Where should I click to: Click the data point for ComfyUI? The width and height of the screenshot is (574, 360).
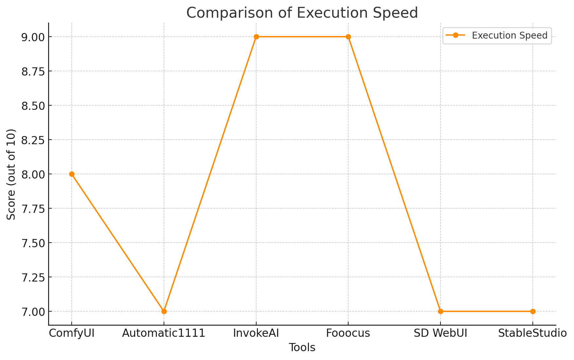pyautogui.click(x=72, y=174)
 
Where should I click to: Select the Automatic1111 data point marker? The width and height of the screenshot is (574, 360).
pyautogui.click(x=164, y=311)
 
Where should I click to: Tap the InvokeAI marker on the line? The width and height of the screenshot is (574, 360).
pyautogui.click(x=256, y=37)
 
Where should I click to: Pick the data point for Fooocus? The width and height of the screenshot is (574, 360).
pyautogui.click(x=348, y=37)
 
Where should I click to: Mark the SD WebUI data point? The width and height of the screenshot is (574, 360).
pyautogui.click(x=440, y=311)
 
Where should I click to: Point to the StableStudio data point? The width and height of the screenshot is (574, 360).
pyautogui.click(x=533, y=311)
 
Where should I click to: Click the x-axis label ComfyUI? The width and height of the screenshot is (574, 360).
pyautogui.click(x=72, y=334)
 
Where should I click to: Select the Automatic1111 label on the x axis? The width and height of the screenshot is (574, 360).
pyautogui.click(x=164, y=334)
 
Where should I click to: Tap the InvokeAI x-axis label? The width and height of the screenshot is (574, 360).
pyautogui.click(x=256, y=334)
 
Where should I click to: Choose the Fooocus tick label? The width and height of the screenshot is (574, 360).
pyautogui.click(x=348, y=334)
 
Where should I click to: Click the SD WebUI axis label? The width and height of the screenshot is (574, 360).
pyautogui.click(x=440, y=334)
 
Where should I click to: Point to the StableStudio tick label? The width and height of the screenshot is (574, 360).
pyautogui.click(x=532, y=334)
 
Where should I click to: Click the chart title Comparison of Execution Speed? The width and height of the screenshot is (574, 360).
pyautogui.click(x=302, y=13)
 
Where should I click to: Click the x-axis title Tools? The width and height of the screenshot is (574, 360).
pyautogui.click(x=302, y=348)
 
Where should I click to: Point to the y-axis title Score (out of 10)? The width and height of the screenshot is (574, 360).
pyautogui.click(x=11, y=174)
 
